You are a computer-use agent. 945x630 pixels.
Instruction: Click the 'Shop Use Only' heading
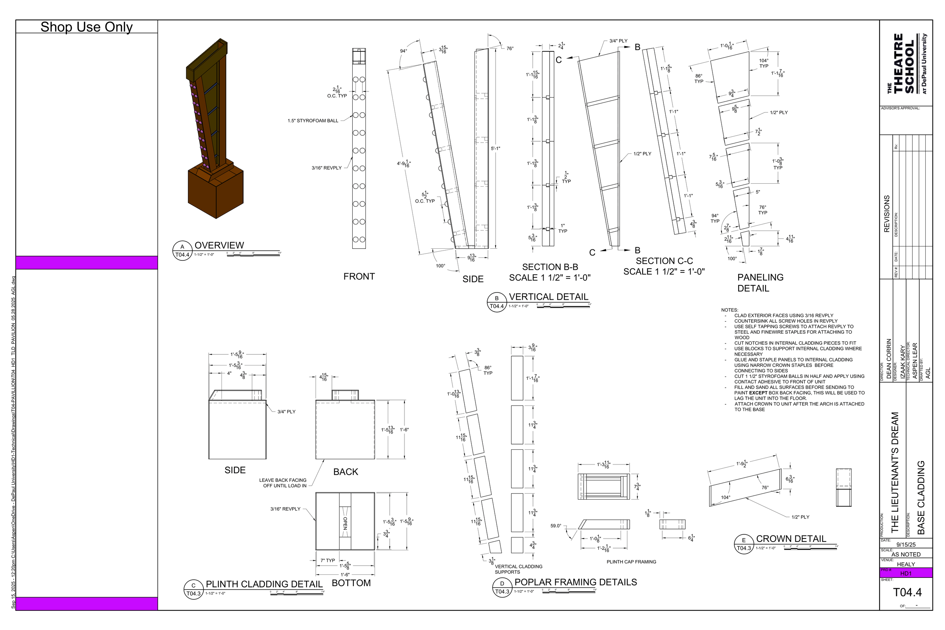pyautogui.click(x=87, y=27)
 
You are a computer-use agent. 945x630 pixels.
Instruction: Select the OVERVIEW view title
pyautogui.click(x=219, y=245)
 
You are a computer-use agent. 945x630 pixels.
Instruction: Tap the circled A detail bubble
pyautogui.click(x=182, y=247)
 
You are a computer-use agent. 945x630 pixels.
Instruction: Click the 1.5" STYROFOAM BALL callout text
pyautogui.click(x=313, y=121)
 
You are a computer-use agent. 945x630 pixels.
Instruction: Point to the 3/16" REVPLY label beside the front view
pyautogui.click(x=326, y=168)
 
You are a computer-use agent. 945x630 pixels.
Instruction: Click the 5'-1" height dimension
pyautogui.click(x=496, y=149)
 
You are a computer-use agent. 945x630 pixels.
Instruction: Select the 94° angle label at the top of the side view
pyautogui.click(x=403, y=51)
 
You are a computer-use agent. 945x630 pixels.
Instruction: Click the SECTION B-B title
pyautogui.click(x=550, y=267)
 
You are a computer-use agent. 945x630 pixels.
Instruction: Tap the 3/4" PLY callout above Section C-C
pyautogui.click(x=618, y=41)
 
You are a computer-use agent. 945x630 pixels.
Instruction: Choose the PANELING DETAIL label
pyautogui.click(x=760, y=282)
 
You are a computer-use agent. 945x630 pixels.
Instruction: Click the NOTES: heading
pyautogui.click(x=730, y=310)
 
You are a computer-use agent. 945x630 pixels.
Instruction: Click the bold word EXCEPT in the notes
pyautogui.click(x=758, y=393)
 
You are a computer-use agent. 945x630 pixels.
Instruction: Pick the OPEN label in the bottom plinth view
pyautogui.click(x=345, y=523)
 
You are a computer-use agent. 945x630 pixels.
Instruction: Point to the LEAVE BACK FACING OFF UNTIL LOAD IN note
pyautogui.click(x=283, y=483)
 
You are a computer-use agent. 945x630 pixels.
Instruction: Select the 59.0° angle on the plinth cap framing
pyautogui.click(x=556, y=526)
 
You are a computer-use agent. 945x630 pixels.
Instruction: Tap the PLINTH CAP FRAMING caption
pyautogui.click(x=631, y=562)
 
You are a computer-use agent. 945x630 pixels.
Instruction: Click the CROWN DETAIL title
pyautogui.click(x=791, y=539)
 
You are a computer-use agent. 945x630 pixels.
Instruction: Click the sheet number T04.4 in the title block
pyautogui.click(x=907, y=592)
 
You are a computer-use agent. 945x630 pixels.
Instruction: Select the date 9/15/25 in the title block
pyautogui.click(x=906, y=545)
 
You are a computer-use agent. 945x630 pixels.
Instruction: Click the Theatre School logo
pyautogui.click(x=906, y=64)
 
